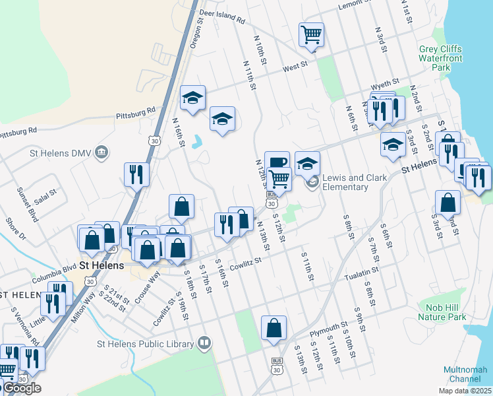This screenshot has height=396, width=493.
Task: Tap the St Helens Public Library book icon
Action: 205,343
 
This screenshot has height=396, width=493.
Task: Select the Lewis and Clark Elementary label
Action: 345,182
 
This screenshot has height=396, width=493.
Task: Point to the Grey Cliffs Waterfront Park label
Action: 440,58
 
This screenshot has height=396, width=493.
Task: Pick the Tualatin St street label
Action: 361,270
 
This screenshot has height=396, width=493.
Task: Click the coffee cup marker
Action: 277,162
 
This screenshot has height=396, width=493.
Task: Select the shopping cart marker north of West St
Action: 311,34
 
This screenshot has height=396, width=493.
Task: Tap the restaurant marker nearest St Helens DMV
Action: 136,174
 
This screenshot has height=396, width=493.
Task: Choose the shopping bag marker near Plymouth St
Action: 274,327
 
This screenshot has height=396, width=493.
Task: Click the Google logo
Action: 21,388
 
